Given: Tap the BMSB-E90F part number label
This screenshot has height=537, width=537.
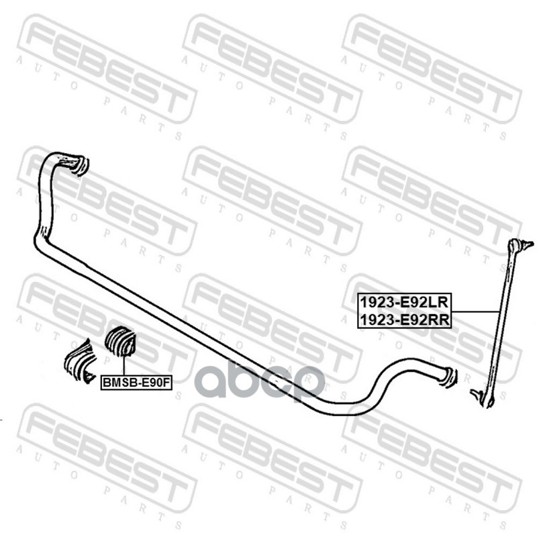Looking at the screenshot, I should (x=137, y=383).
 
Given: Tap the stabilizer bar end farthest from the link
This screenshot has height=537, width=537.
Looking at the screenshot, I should (x=77, y=164).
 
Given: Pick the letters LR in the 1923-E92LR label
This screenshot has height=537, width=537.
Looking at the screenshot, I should (x=440, y=302).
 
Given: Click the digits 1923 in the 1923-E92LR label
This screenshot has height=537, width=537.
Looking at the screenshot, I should (x=372, y=302).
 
